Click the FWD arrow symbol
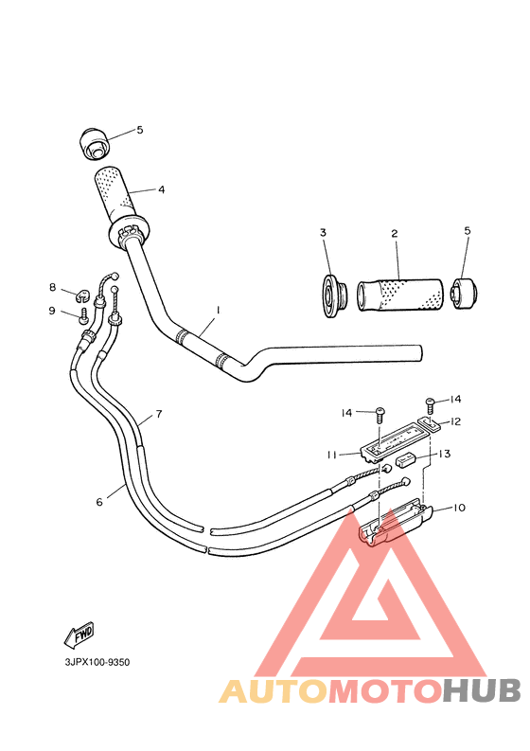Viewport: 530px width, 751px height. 79,633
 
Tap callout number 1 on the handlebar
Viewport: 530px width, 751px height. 218,310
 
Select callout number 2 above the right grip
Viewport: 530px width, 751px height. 394,233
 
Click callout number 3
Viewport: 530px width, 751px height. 322,233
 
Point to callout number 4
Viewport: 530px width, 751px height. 161,189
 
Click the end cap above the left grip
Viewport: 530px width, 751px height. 94,142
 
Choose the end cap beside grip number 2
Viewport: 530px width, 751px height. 463,294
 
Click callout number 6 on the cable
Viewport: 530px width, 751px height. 98,502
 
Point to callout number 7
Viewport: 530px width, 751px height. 158,414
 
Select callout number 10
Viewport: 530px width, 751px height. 458,508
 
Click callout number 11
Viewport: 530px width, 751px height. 332,455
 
